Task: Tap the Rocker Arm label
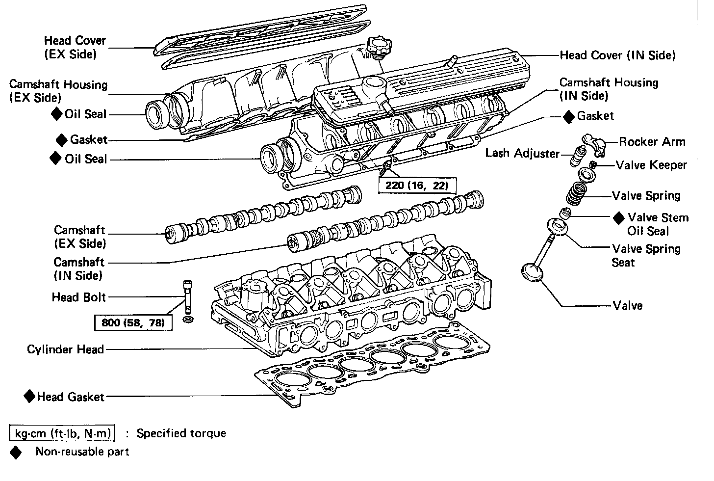[x=652, y=142]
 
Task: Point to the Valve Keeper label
[x=651, y=165]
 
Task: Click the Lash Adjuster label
[x=522, y=153]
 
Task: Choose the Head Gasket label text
[x=71, y=397]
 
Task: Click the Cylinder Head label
[x=65, y=349]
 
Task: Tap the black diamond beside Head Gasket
[x=29, y=396]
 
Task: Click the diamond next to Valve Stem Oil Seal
[x=619, y=217]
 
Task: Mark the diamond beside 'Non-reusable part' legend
[x=16, y=453]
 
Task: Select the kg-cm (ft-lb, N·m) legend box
[x=63, y=433]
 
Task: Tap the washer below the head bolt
[x=187, y=320]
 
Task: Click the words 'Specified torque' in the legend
[x=181, y=433]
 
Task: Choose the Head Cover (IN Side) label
[x=617, y=55]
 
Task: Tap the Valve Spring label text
[x=646, y=196]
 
